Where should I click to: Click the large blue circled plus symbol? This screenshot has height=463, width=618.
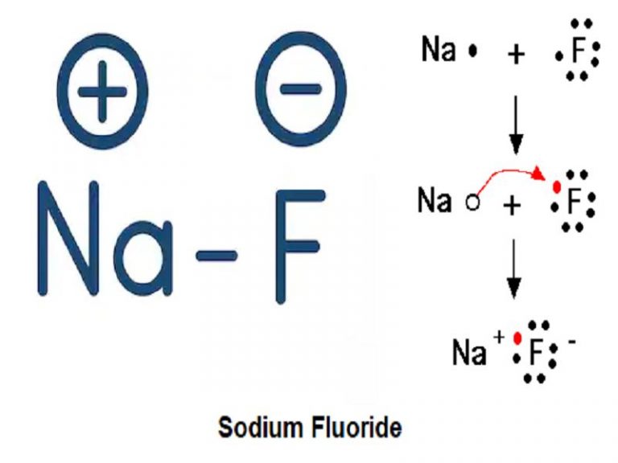tap(103, 92)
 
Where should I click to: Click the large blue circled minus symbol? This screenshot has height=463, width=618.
tap(301, 90)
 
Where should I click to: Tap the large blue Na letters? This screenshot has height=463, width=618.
tap(105, 239)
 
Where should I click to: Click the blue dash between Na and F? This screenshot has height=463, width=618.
tap(216, 256)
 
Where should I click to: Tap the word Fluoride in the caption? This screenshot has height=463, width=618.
tap(357, 428)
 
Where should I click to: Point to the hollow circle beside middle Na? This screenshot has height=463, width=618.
tap(472, 203)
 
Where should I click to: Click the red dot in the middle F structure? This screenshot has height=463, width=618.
tap(557, 187)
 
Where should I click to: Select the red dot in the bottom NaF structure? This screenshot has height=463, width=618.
tap(517, 338)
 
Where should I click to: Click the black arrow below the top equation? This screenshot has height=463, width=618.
tap(516, 125)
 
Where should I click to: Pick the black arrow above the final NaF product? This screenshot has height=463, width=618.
tap(513, 268)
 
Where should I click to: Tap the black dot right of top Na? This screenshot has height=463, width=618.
tap(472, 51)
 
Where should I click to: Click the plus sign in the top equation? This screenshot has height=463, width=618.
tap(517, 55)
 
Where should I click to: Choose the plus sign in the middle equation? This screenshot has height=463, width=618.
tap(512, 206)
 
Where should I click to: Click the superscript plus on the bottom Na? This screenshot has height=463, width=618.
tap(499, 337)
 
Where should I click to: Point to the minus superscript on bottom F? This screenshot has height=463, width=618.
tap(572, 342)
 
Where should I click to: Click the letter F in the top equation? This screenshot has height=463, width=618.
tap(579, 51)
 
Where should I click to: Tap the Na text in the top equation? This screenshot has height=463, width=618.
tap(439, 49)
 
